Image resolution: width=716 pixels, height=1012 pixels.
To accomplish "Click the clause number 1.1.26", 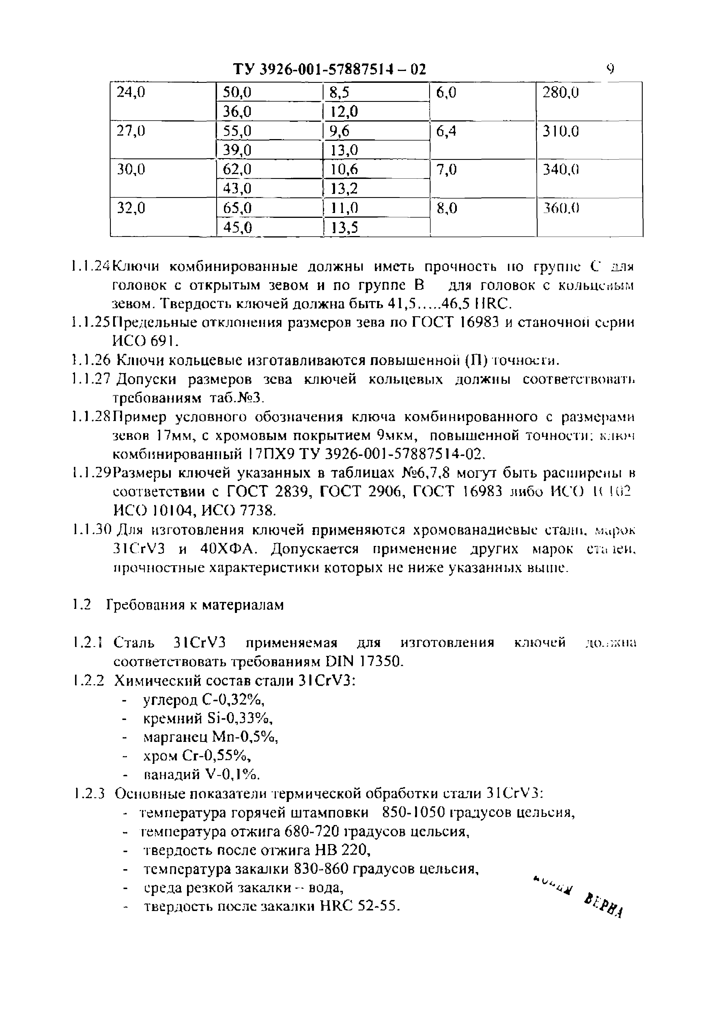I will point(90,361).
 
